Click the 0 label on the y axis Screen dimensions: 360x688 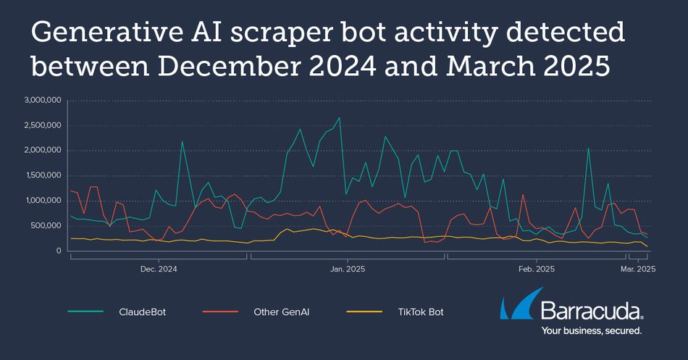click(x=59, y=251)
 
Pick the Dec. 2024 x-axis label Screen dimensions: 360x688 click(x=159, y=269)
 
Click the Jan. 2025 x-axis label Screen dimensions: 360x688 click(x=348, y=269)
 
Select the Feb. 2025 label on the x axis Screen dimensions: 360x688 click(x=536, y=269)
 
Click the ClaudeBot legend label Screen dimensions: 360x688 click(x=142, y=312)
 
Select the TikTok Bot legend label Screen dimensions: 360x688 click(x=421, y=312)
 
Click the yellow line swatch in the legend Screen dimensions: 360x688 click(x=364, y=312)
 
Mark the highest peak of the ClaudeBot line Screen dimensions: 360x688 click(x=339, y=117)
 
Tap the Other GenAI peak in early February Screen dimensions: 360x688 click(x=523, y=194)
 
